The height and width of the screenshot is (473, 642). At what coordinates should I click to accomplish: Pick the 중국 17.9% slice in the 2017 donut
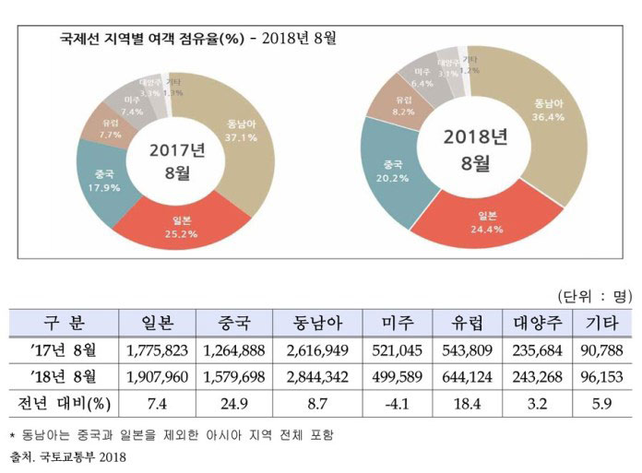click(104, 175)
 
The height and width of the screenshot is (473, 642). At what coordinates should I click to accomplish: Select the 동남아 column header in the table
click(317, 324)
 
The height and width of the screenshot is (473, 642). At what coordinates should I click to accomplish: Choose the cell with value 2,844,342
click(317, 378)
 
